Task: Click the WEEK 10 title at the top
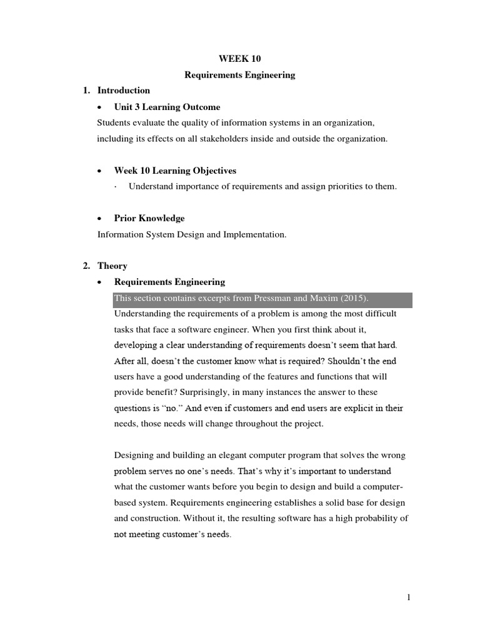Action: tap(239, 59)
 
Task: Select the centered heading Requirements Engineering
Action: tap(239, 75)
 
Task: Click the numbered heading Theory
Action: tap(112, 266)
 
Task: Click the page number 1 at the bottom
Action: tap(409, 597)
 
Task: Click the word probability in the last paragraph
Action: tap(372, 518)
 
